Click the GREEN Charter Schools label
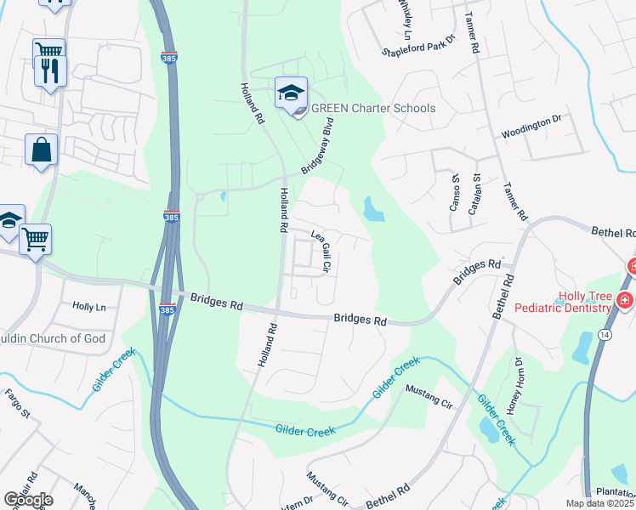pyautogui.click(x=373, y=108)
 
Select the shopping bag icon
pyautogui.click(x=41, y=151)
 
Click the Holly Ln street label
pyautogui.click(x=89, y=306)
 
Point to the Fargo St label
pyautogui.click(x=18, y=405)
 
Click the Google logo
pyautogui.click(x=28, y=499)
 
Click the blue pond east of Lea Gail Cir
pyautogui.click(x=372, y=208)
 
